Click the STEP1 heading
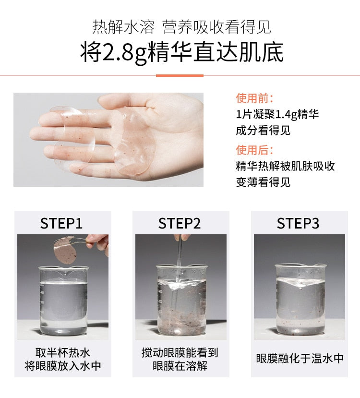coord(61,223)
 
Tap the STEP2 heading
coord(180,223)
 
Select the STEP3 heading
coord(298,223)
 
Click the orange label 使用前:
coord(254,98)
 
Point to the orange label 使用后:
coord(254,150)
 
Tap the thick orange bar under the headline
coord(180,75)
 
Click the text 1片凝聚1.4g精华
coord(277,114)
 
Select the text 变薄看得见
coord(263,182)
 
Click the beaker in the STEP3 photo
coord(300,299)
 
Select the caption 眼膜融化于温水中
coord(300,359)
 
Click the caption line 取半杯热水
coord(63,352)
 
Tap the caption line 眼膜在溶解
coord(180,366)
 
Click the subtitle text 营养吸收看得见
coord(216,27)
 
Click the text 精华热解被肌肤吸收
coord(286,166)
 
